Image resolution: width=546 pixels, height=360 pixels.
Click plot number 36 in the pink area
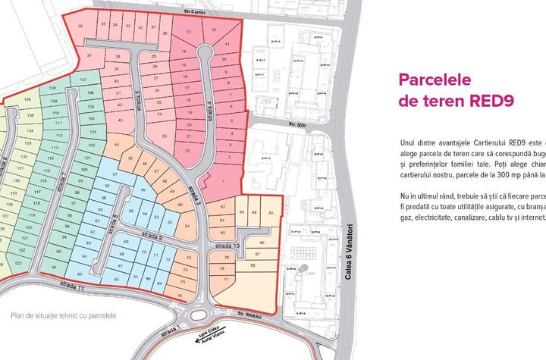point(81,25)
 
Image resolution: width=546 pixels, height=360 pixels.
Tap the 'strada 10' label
point(224,246)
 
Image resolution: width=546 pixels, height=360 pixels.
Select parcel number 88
point(252,265)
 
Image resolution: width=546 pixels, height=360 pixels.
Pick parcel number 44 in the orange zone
point(117,145)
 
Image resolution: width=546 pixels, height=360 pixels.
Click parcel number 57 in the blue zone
point(115,174)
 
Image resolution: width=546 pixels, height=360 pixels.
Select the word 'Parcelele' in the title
point(436,80)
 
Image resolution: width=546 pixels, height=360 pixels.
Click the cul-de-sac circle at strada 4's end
point(205,52)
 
